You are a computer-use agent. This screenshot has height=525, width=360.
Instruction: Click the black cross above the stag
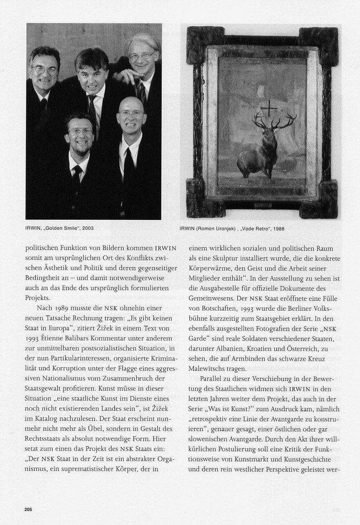click(x=268, y=110)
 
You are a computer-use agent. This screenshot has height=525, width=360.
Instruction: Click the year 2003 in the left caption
click(x=87, y=228)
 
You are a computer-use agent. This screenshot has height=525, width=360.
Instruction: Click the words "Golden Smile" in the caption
click(x=61, y=228)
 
